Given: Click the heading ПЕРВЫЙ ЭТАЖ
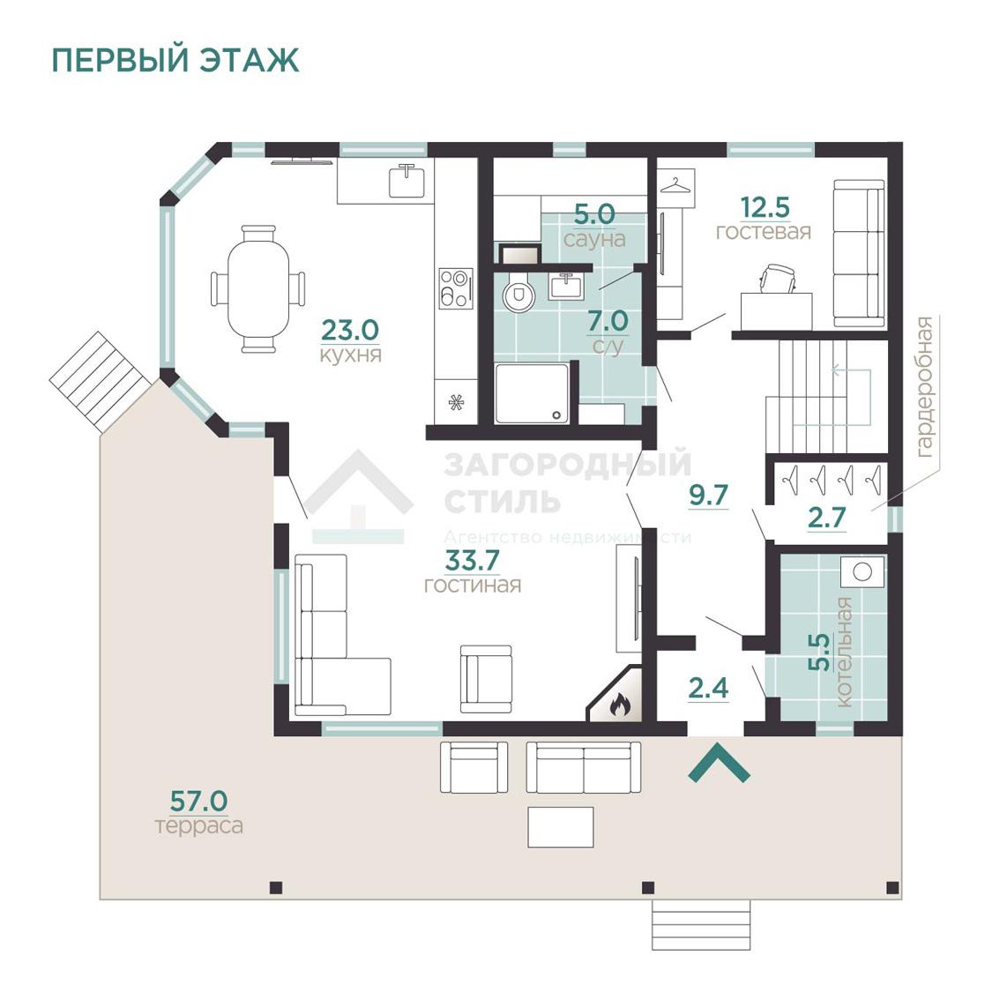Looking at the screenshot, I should coord(175,60).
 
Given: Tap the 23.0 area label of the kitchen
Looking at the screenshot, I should coord(349,331).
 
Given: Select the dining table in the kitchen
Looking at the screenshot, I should coord(257,288).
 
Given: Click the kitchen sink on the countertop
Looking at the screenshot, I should coord(407,181).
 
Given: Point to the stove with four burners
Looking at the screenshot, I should coord(456,287).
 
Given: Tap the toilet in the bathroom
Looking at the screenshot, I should coord(518,294).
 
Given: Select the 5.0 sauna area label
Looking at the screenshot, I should coord(594,213).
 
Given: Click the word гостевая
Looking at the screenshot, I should coord(763,232).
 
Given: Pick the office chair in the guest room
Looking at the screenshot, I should coord(778,278).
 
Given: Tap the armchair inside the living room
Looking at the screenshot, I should coord(485,678).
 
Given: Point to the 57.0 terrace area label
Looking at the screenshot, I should coord(198,802).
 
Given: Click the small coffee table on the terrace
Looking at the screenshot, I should coord(561,827).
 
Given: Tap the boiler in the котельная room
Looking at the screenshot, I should coord(862,572).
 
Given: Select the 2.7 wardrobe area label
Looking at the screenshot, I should coord(826,518).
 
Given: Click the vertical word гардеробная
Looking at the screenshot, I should coord(923,386).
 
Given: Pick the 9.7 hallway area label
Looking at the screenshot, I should coord(708,495).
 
